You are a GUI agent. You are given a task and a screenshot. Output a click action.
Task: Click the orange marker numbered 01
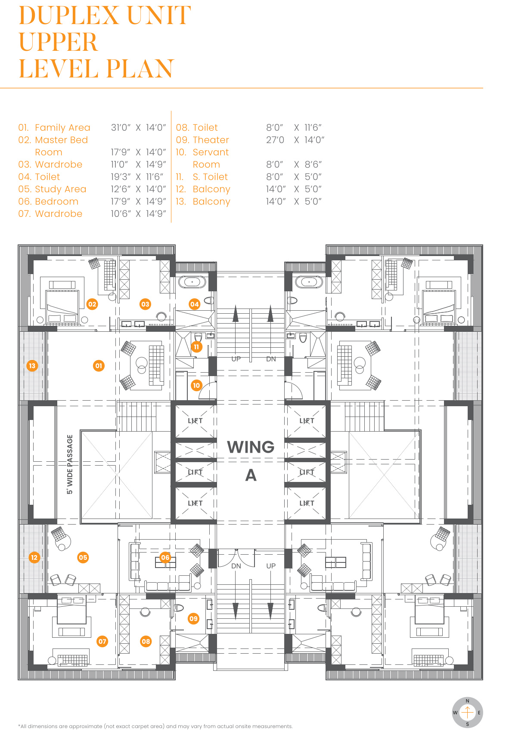click(x=99, y=366)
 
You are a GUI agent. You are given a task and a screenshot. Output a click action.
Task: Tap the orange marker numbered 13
click(x=32, y=366)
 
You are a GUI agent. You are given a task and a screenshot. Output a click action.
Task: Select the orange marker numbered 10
click(x=196, y=385)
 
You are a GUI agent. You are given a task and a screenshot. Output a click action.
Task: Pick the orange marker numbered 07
click(x=102, y=641)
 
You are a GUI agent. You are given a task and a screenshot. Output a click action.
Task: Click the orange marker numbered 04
click(x=195, y=304)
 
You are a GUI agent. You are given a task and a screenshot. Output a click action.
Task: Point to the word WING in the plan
click(x=251, y=447)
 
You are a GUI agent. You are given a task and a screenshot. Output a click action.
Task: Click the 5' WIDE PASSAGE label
click(x=70, y=464)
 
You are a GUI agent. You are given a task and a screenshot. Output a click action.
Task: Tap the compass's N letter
click(x=467, y=701)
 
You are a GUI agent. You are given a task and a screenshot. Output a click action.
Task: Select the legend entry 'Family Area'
click(x=62, y=128)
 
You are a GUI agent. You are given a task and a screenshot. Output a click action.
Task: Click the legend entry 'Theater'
click(x=211, y=140)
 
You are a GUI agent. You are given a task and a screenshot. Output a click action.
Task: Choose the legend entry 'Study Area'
click(x=60, y=189)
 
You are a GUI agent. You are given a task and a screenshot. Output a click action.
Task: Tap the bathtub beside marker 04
click(x=192, y=282)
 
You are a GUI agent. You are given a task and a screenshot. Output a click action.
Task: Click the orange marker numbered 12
click(x=34, y=557)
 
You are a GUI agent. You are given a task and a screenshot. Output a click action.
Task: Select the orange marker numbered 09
click(x=193, y=619)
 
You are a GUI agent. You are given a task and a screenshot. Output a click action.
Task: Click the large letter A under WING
click(x=251, y=475)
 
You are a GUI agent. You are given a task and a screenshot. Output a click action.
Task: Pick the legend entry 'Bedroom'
click(x=56, y=202)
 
